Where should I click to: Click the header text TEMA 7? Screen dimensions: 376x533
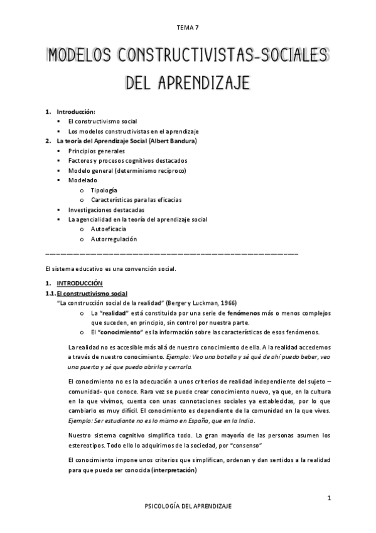(188, 28)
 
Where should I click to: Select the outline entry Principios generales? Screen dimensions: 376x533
(97, 151)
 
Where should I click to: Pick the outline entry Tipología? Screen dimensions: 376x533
(104, 190)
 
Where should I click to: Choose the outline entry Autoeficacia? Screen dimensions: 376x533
(109, 229)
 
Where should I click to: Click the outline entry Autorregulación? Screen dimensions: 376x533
(114, 239)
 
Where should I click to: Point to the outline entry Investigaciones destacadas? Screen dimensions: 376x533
(107, 209)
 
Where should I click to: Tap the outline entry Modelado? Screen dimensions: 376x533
(82, 180)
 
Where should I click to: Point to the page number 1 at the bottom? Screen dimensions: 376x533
(329, 498)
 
